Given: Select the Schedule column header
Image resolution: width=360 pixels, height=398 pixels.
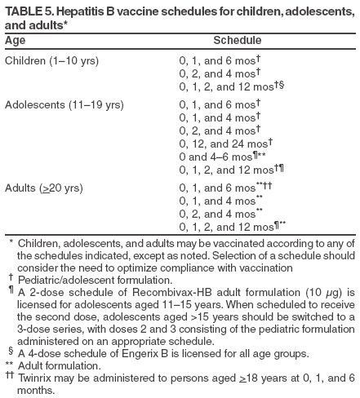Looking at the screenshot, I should tap(237, 40).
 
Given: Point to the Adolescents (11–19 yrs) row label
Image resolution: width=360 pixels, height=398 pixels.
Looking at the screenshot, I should tap(64, 105).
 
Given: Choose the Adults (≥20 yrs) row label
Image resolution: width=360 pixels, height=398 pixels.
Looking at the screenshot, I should tap(43, 188).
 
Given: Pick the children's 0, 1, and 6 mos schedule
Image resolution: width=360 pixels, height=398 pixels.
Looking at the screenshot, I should tap(216, 61).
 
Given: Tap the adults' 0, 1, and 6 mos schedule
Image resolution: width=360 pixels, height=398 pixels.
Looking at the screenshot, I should tap(216, 188).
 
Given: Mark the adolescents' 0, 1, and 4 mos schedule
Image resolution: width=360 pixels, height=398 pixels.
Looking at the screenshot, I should tap(216, 118).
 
